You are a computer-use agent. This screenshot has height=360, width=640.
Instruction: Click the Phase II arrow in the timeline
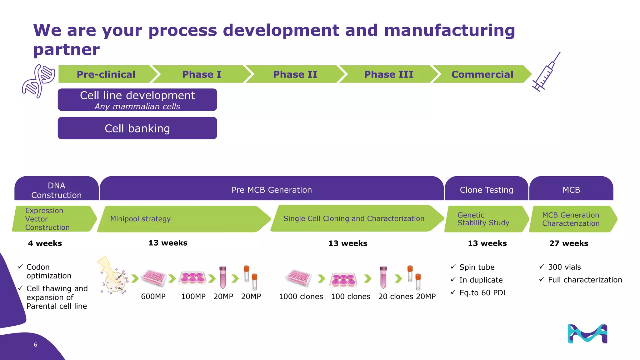pos(295,74)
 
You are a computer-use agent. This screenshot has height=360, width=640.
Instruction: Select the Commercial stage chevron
pos(482,74)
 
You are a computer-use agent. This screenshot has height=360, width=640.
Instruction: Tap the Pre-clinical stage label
pos(106,74)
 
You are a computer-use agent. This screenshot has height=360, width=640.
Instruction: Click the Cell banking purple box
pos(137,128)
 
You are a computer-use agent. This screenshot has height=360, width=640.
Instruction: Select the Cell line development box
pos(137,100)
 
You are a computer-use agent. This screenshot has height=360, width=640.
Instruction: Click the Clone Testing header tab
pos(486,189)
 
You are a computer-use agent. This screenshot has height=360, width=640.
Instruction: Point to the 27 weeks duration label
pos(569,243)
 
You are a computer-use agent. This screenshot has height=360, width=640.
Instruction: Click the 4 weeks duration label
pos(45,243)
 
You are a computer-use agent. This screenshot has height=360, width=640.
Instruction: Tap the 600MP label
pos(153,297)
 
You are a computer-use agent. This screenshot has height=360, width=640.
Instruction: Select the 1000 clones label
pos(301,297)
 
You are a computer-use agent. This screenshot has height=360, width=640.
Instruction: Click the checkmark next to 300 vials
pos(542,267)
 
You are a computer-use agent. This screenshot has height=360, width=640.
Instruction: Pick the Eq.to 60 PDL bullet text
pos(483,293)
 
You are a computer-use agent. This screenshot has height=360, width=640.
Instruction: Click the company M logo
pos(587,334)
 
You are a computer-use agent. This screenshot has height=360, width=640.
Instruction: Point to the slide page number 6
pos(35,345)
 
